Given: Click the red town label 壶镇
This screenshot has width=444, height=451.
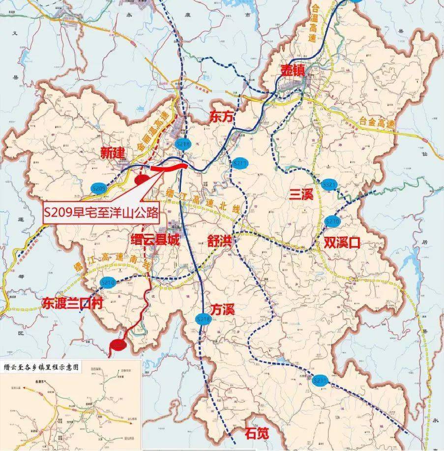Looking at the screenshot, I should (293, 70).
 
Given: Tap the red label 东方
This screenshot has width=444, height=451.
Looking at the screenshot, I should (219, 116).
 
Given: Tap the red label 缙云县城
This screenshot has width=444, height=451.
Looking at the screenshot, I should (156, 241).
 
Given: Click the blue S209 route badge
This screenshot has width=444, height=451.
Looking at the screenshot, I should (99, 188).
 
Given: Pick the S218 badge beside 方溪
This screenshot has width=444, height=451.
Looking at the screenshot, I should (203, 319).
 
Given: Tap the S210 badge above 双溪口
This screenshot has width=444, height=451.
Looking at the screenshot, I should (333, 222).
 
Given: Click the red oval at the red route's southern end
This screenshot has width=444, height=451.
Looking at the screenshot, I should (118, 345).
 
